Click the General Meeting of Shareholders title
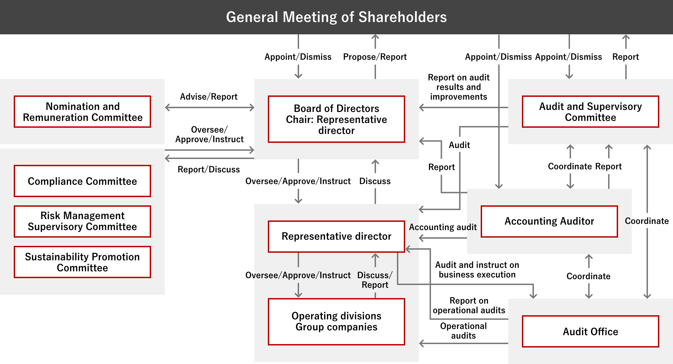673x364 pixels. click(336, 17)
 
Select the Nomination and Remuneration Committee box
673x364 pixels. click(82, 112)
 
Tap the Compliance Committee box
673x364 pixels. click(82, 181)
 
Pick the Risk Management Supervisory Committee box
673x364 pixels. click(82, 221)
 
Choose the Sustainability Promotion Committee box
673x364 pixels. click(82, 262)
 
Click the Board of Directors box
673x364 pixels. click(336, 119)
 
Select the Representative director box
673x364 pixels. click(336, 236)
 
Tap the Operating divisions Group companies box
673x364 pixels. click(336, 322)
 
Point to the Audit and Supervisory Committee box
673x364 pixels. click(591, 112)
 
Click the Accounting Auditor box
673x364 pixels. click(549, 221)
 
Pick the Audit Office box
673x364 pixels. click(591, 331)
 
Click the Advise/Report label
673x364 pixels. click(209, 96)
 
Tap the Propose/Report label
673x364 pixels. click(375, 57)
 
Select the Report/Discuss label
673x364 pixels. click(209, 169)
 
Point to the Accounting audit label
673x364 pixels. click(443, 227)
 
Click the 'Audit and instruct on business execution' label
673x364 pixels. click(477, 270)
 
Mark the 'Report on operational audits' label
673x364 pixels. click(469, 305)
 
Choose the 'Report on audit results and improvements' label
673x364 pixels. click(459, 87)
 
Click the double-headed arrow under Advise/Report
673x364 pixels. click(209, 107)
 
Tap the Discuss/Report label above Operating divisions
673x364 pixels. click(375, 280)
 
